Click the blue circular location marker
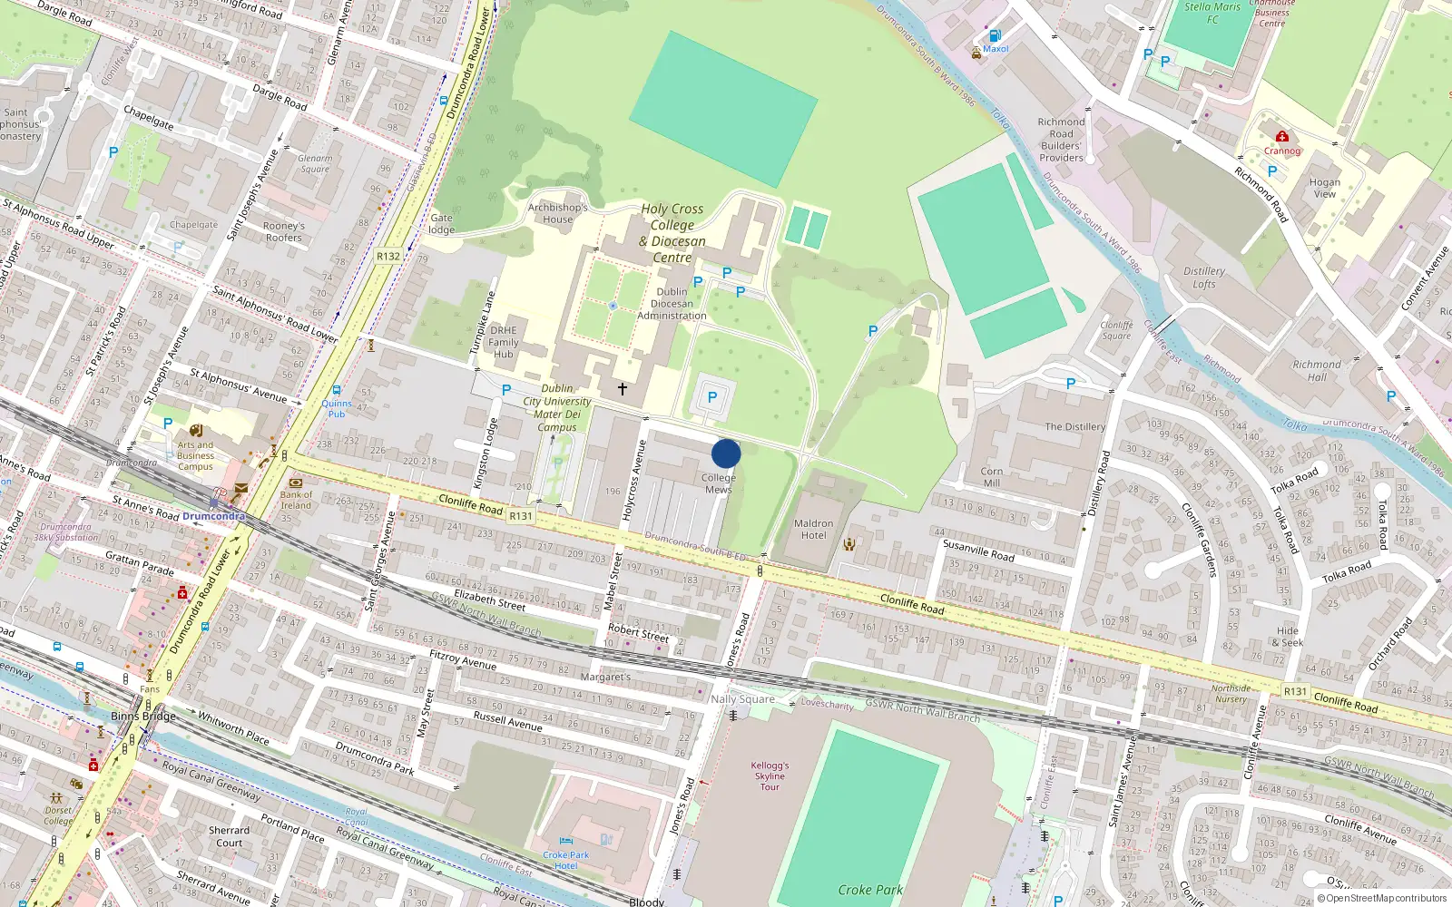point(726,453)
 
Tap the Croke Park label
point(869,890)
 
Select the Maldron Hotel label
point(813,529)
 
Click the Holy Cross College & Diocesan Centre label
point(672,233)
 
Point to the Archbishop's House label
point(558,213)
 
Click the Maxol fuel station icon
point(995,36)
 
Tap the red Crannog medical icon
point(1281,137)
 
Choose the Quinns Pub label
point(337,408)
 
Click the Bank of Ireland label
point(296,500)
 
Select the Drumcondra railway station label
point(213,516)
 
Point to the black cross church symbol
point(623,388)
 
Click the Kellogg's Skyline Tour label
point(770,775)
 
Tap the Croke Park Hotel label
point(566,860)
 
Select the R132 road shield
point(388,256)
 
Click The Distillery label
point(1075,426)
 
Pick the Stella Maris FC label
point(1212,13)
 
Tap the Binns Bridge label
point(143,716)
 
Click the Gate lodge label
point(442,223)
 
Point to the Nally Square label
point(742,698)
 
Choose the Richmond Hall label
point(1317,370)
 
